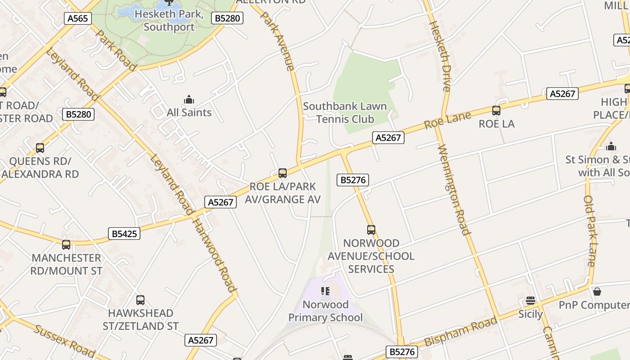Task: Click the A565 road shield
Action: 78,18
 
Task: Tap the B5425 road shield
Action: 124,234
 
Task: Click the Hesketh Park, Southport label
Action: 169,20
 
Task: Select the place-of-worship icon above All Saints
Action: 189,99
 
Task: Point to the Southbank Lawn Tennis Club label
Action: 345,112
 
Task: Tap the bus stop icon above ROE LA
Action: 496,111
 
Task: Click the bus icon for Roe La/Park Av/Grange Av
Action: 283,173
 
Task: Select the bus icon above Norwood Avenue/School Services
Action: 371,230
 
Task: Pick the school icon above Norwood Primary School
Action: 325,291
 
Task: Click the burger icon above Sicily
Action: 531,301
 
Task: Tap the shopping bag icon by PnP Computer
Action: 597,292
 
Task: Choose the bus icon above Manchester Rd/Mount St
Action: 66,245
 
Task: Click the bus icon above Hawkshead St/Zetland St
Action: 140,300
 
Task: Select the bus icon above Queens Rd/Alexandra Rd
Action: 40,148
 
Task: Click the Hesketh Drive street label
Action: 441,56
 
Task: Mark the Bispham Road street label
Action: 461,331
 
